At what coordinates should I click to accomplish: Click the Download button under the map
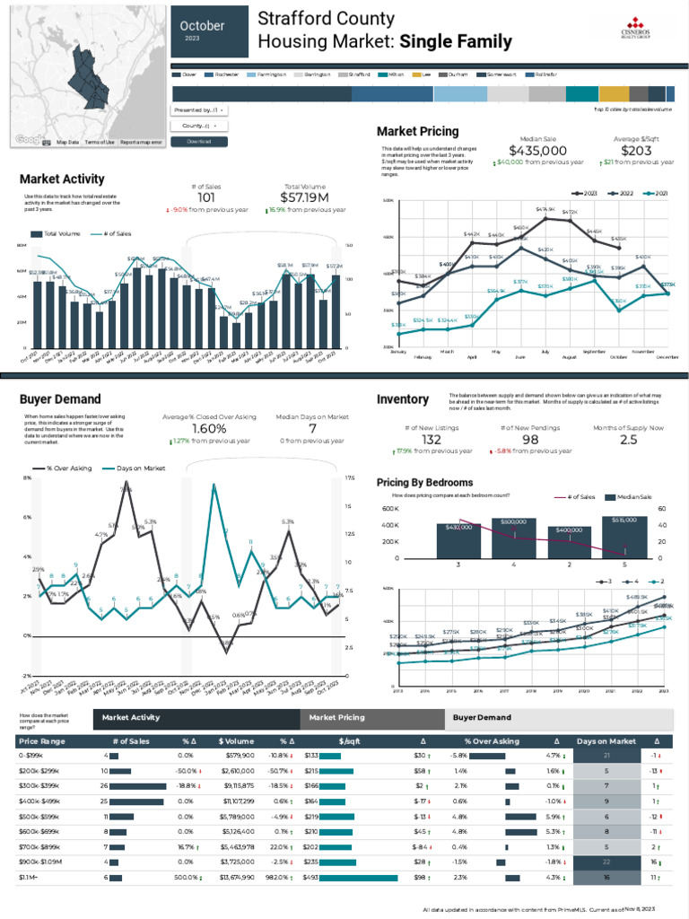(x=198, y=142)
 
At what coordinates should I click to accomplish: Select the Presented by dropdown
(x=198, y=110)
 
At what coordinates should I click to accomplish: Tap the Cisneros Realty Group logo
(x=639, y=28)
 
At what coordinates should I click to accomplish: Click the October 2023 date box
(x=208, y=31)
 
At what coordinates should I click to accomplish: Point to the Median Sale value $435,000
(x=537, y=151)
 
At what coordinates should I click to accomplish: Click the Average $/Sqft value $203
(x=636, y=151)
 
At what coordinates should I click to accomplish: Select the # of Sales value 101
(x=206, y=197)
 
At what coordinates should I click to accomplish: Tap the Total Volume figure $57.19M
(x=305, y=197)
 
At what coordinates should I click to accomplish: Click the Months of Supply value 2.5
(x=628, y=440)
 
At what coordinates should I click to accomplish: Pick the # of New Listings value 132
(x=432, y=440)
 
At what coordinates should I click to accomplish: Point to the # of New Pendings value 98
(x=530, y=440)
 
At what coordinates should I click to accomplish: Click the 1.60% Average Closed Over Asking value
(x=209, y=429)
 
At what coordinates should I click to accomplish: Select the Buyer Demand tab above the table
(x=482, y=718)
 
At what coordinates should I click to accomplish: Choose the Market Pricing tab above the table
(x=337, y=718)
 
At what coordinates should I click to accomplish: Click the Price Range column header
(x=41, y=741)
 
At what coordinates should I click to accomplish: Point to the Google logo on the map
(x=29, y=140)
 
